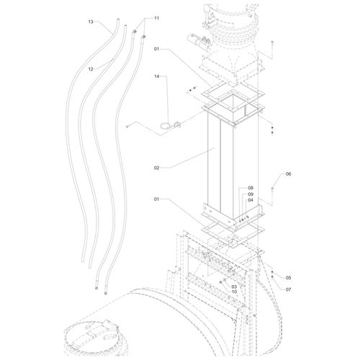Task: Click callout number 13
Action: pyautogui.click(x=91, y=22)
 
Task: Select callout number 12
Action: pyautogui.click(x=91, y=69)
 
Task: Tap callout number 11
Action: pyautogui.click(x=156, y=18)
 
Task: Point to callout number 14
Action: pyautogui.click(x=157, y=76)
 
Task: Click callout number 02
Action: pyautogui.click(x=156, y=168)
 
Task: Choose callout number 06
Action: pyautogui.click(x=288, y=174)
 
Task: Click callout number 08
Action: pyautogui.click(x=251, y=188)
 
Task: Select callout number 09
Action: pyautogui.click(x=251, y=194)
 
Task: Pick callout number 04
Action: pyautogui.click(x=251, y=200)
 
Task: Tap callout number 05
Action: pyautogui.click(x=288, y=278)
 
